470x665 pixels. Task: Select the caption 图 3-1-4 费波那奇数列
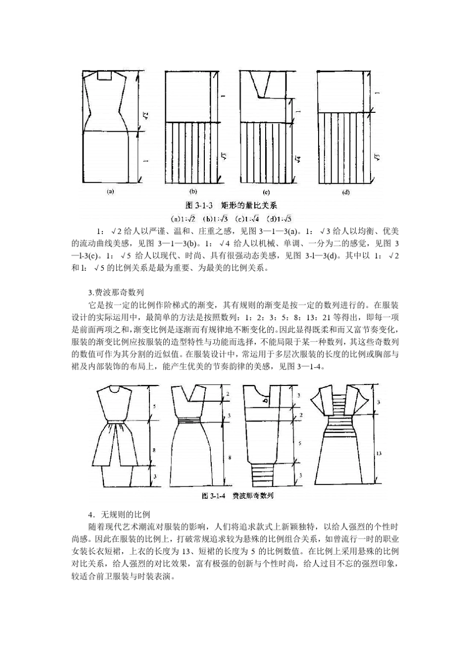(x=237, y=495)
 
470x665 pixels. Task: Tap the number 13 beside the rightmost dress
(x=378, y=453)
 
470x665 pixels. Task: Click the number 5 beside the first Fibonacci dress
(x=154, y=406)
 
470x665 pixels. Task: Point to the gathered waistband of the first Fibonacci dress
(x=117, y=422)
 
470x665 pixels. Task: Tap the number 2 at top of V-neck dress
(x=228, y=394)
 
